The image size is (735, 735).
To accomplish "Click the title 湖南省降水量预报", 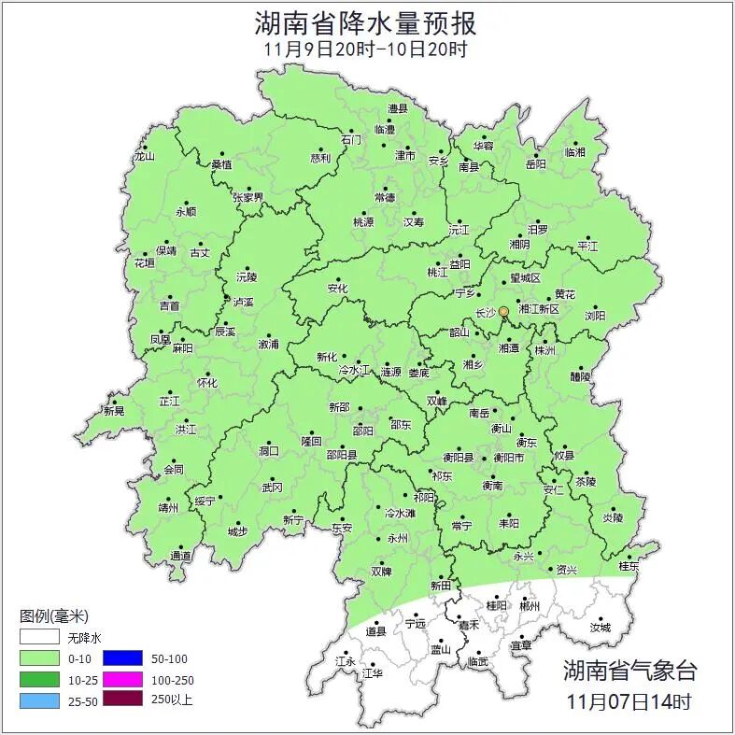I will tap(366, 23).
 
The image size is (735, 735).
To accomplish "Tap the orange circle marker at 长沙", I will tap(504, 311).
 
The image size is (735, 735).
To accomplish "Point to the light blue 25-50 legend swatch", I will tap(38, 700).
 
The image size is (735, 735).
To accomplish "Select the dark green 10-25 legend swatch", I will tap(38, 679).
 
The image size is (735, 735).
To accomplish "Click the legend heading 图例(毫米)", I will tap(54, 616).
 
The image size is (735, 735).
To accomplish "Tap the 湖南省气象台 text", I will tap(629, 670).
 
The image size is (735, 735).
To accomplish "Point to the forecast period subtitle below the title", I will tap(366, 49).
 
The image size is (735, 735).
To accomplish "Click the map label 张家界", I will tap(247, 198).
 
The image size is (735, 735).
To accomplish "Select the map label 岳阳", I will tap(536, 164).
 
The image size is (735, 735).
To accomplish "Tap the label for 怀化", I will tap(206, 383).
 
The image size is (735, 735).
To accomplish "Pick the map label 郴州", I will tap(530, 606).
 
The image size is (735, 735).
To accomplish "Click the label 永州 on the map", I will tap(398, 539).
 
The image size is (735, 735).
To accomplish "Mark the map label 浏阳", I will tap(596, 316).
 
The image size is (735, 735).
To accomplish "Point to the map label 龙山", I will tap(144, 156).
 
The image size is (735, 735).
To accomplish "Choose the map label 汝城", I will tap(600, 628).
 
